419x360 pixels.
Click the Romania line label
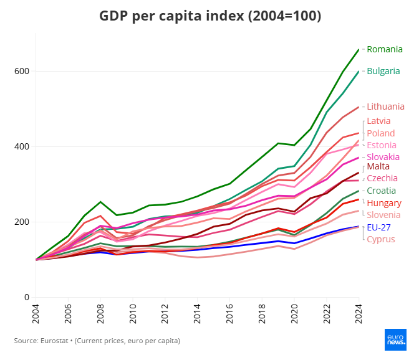(384, 49)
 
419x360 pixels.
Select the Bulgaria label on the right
(383, 71)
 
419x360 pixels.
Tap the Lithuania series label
(385, 107)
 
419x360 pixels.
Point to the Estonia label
(382, 145)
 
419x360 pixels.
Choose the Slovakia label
(383, 157)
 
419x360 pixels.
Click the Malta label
(379, 167)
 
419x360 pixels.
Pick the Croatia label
(381, 191)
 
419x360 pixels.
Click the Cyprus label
(380, 239)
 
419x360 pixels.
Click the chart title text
(210, 16)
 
